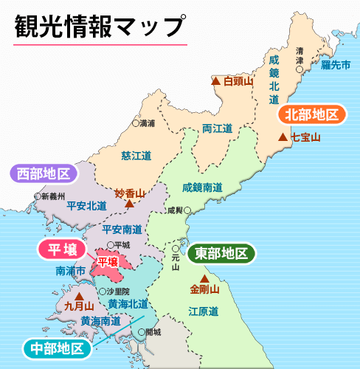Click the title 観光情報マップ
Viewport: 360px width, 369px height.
tap(99, 26)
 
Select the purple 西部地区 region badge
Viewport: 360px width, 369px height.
tap(44, 174)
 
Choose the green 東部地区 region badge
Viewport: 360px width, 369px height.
tap(221, 253)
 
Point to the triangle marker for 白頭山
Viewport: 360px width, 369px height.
tap(215, 81)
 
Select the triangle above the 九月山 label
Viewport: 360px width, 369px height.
tap(79, 294)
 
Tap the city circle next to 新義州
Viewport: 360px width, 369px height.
tap(38, 196)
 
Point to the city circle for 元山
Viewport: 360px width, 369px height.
tap(175, 249)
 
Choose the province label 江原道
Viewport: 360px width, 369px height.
tap(203, 311)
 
